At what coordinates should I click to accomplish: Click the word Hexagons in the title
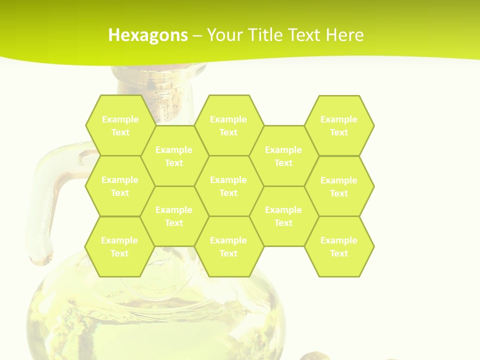[x=148, y=35]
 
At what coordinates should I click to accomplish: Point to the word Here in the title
[x=345, y=35]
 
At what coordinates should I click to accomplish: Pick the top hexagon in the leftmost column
[x=120, y=125]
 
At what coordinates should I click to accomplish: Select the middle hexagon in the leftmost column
[x=120, y=186]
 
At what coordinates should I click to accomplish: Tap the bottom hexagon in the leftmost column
[x=119, y=246]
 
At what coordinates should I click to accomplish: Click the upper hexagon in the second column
[x=174, y=156]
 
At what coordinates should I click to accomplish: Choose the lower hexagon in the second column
[x=174, y=216]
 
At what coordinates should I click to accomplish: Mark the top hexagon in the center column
[x=228, y=125]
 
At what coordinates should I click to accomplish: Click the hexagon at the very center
[x=228, y=186]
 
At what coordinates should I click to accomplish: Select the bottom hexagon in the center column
[x=228, y=246]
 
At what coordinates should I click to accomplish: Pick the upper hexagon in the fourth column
[x=283, y=156]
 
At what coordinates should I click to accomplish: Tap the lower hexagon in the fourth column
[x=283, y=216]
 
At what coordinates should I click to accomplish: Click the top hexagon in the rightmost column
[x=339, y=125]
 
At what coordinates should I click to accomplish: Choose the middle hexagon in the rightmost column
[x=339, y=186]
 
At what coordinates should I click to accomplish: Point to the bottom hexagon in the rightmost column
[x=339, y=246]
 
